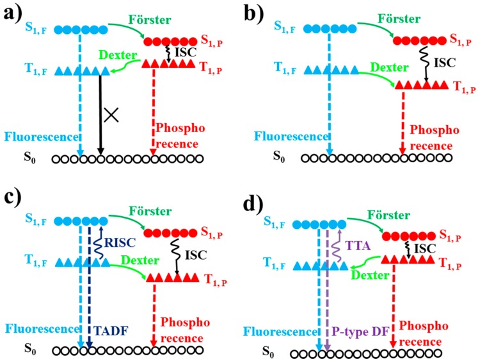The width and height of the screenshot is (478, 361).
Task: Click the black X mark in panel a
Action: click(x=112, y=115)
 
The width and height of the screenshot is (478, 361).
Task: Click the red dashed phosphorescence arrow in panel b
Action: click(x=402, y=128)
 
